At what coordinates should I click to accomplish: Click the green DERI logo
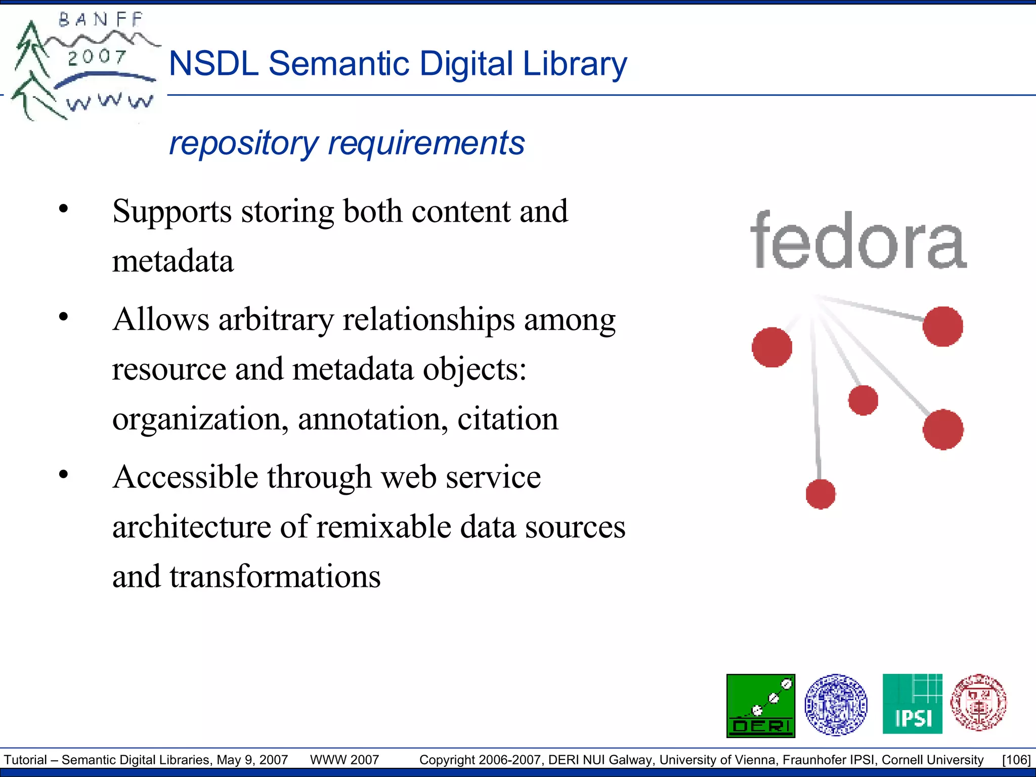[x=760, y=705]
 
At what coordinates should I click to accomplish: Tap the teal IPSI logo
[x=912, y=704]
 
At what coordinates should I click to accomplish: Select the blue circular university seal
[x=836, y=705]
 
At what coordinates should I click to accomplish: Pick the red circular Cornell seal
[x=978, y=703]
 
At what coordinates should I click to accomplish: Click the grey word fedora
[x=858, y=241]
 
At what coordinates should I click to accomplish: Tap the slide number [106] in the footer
[x=1016, y=760]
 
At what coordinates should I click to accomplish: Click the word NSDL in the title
[x=213, y=64]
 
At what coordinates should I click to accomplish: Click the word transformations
[x=275, y=576]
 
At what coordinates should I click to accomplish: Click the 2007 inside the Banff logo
[x=97, y=57]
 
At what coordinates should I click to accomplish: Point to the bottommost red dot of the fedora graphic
[x=821, y=494]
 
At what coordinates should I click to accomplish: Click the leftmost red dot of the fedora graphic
[x=772, y=347]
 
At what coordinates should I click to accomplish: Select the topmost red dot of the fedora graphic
[x=942, y=326]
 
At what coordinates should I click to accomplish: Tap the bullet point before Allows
[x=63, y=317]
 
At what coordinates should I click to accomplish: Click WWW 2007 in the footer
[x=344, y=760]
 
